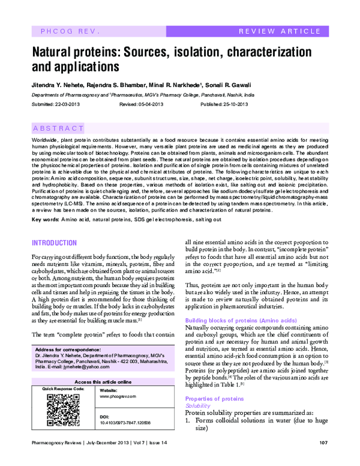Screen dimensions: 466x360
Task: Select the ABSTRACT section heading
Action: coord(58,129)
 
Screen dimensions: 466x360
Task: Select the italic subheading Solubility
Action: coord(197,406)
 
